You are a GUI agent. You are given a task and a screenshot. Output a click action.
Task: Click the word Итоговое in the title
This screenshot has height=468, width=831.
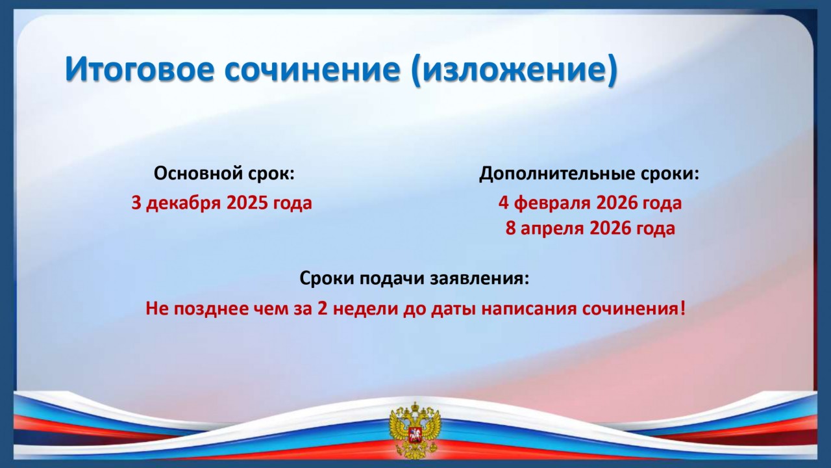[x=140, y=69]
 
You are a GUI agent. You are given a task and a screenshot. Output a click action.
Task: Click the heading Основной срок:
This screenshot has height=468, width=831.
[x=224, y=173]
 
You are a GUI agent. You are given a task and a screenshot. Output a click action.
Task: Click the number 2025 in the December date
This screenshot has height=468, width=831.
[x=247, y=203]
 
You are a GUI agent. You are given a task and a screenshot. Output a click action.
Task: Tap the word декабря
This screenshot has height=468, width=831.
[x=183, y=203]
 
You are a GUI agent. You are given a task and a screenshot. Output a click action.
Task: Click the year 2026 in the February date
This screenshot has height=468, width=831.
[x=617, y=203]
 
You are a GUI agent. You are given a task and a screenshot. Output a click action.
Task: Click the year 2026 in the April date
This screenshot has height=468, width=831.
[x=610, y=228]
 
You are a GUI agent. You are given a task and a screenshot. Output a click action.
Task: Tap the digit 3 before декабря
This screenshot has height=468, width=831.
[x=136, y=203]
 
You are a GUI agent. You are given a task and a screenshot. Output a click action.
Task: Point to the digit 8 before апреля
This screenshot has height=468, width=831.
[x=510, y=228]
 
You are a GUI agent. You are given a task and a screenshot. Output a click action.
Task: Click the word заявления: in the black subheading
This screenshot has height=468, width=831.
[x=480, y=279]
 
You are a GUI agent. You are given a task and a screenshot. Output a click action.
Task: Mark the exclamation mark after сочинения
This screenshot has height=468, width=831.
[x=682, y=309]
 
